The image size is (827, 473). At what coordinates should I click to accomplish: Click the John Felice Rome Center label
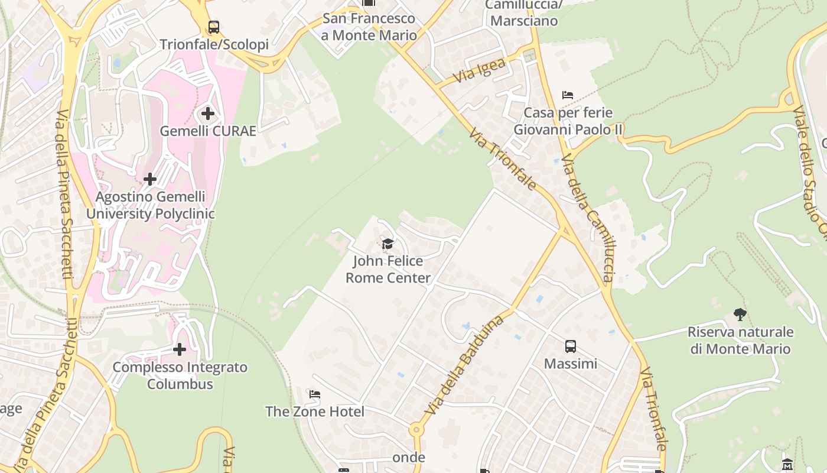pyautogui.click(x=388, y=270)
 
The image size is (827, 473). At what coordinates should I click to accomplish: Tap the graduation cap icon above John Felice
pyautogui.click(x=388, y=244)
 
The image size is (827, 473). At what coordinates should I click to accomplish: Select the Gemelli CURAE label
pyautogui.click(x=208, y=131)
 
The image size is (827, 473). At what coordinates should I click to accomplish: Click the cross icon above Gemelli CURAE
pyautogui.click(x=207, y=113)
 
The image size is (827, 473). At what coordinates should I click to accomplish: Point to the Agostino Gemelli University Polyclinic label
pyautogui.click(x=151, y=205)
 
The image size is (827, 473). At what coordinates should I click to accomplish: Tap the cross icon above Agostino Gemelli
pyautogui.click(x=150, y=179)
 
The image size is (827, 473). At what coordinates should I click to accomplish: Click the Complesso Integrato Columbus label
pyautogui.click(x=180, y=375)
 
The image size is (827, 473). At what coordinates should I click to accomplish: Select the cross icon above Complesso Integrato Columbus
pyautogui.click(x=180, y=349)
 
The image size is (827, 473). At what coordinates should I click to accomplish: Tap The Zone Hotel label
pyautogui.click(x=315, y=412)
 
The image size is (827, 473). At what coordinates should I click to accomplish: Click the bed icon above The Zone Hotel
pyautogui.click(x=315, y=394)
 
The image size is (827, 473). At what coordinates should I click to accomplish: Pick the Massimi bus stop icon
pyautogui.click(x=570, y=346)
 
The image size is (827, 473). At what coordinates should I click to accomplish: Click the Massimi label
pyautogui.click(x=570, y=364)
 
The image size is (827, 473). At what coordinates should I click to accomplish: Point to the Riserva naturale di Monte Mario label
pyautogui.click(x=740, y=340)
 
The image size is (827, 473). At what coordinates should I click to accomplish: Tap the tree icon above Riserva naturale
pyautogui.click(x=740, y=314)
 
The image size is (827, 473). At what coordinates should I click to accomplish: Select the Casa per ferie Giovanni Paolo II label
pyautogui.click(x=568, y=121)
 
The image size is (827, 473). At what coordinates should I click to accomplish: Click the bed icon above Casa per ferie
pyautogui.click(x=568, y=95)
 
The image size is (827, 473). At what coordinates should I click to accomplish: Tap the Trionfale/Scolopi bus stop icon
pyautogui.click(x=214, y=27)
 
